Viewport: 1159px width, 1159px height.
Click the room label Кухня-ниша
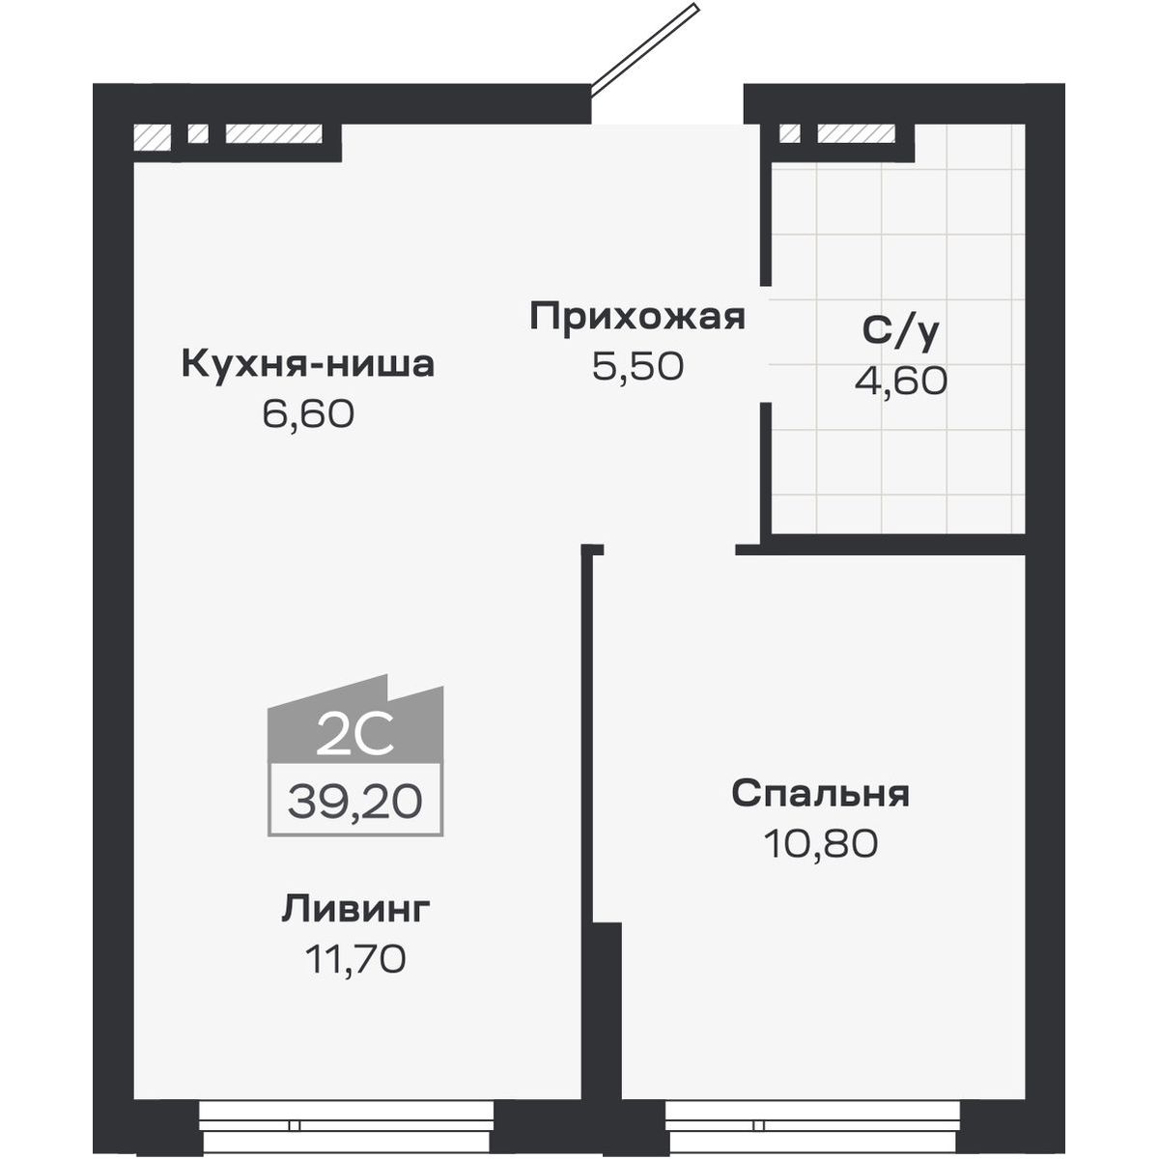coord(308,365)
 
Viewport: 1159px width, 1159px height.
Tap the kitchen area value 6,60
coord(308,414)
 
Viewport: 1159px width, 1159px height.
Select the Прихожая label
coord(637,317)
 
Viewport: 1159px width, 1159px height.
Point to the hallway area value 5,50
coord(637,366)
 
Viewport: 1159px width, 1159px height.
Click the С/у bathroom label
coord(900,331)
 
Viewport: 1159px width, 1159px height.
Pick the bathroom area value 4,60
coord(900,382)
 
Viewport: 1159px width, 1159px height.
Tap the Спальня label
coord(820,794)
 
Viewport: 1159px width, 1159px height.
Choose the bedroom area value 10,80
coord(820,844)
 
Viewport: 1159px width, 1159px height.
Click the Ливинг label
coord(355,909)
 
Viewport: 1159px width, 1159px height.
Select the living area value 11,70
coord(355,959)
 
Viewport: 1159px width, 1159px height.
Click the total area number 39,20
coord(354,801)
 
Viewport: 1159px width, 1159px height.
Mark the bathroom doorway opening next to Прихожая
coord(765,345)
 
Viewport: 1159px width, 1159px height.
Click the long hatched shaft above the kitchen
coord(273,134)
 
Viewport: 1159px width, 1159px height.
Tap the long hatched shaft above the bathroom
coord(856,133)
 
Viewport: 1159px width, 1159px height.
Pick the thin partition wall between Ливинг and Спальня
coord(586,734)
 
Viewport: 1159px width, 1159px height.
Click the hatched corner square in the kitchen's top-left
coord(152,135)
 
